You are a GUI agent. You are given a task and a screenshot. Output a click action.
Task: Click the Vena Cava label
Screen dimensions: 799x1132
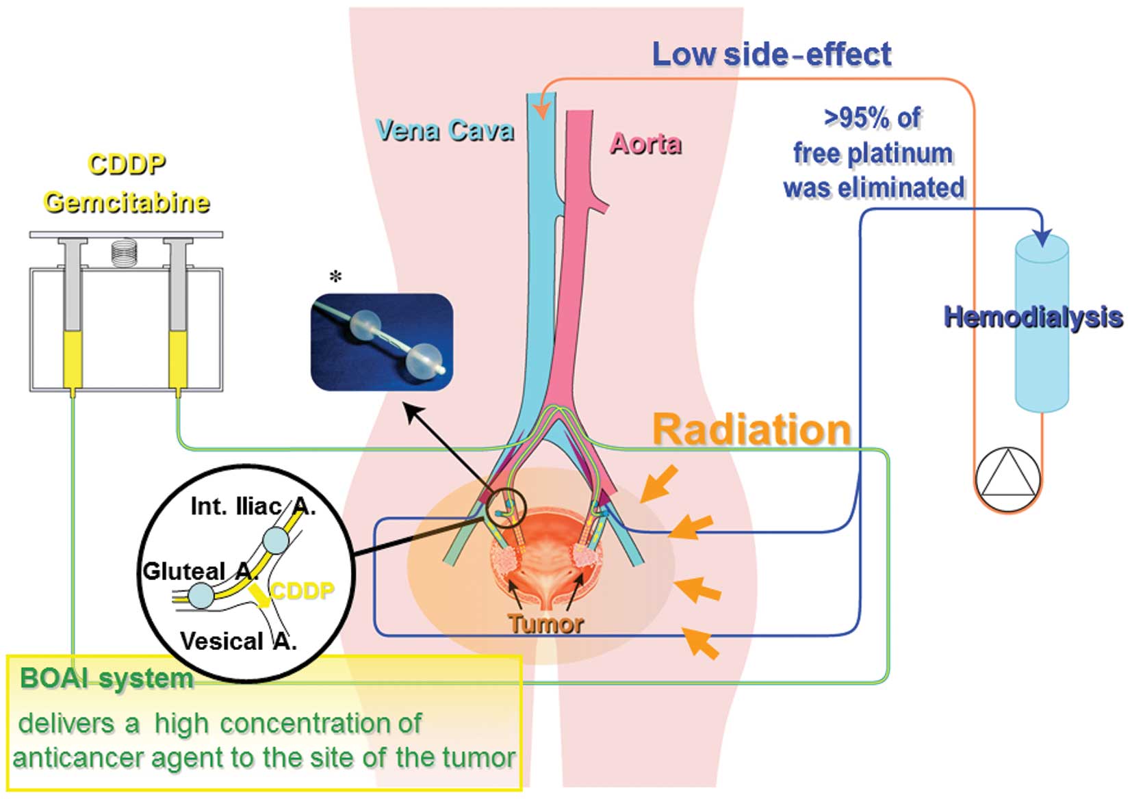[x=445, y=130]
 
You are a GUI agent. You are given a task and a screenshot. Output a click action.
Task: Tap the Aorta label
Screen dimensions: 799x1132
[x=645, y=144]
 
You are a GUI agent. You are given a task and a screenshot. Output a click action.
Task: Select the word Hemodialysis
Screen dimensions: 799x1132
[x=1033, y=317]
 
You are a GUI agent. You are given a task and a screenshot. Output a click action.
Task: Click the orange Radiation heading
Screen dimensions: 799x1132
[x=751, y=430]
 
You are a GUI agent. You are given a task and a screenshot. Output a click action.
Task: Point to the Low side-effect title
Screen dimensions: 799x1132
[x=771, y=54]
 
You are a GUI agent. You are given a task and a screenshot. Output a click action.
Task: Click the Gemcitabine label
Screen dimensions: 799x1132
[x=127, y=202]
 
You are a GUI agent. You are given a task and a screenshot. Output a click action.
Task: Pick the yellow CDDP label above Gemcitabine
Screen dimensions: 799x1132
[x=127, y=164]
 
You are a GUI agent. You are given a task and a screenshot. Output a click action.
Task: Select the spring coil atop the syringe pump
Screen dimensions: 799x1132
[x=124, y=252]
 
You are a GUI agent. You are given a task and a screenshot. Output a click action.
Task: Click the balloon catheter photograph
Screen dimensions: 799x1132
[x=382, y=342]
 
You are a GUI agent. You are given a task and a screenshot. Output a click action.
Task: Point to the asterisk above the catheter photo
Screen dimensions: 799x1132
[x=335, y=277]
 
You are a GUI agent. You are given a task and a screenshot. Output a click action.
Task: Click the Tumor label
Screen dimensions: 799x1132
[x=545, y=624]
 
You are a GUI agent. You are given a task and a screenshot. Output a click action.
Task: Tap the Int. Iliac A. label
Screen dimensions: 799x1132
[x=253, y=506]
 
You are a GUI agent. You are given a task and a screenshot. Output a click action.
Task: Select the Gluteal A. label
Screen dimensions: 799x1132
[x=195, y=571]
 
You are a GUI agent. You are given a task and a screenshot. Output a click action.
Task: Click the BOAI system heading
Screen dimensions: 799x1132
[x=106, y=679]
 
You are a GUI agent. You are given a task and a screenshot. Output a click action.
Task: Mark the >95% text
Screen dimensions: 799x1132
[x=872, y=118]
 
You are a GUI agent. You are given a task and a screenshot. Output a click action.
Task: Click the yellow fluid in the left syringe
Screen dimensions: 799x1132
[x=73, y=359]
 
